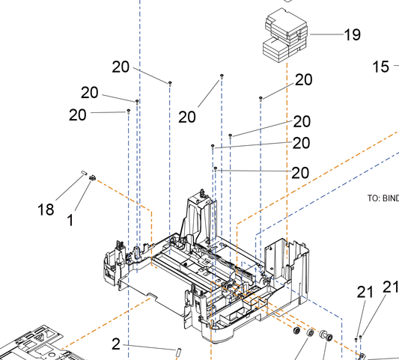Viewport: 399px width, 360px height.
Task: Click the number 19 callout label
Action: tap(352, 34)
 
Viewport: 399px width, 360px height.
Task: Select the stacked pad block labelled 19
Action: tap(285, 35)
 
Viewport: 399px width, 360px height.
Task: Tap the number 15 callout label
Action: tap(381, 67)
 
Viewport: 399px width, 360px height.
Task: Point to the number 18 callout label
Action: tap(46, 210)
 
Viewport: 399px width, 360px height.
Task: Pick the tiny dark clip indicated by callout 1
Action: tap(92, 177)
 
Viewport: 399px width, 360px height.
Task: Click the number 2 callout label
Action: tap(116, 344)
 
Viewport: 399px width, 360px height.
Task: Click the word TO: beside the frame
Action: tap(374, 198)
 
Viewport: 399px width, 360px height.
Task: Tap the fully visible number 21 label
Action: tap(365, 292)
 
